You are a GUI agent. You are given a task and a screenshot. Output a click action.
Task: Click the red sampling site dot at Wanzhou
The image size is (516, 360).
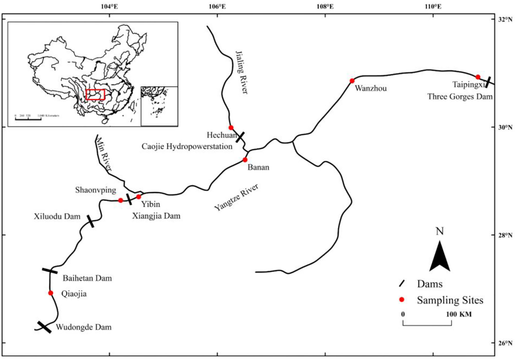352,81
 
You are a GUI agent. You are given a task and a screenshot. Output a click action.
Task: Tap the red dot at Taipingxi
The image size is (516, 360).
478,77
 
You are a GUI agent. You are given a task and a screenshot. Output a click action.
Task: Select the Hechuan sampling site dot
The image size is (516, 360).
231,128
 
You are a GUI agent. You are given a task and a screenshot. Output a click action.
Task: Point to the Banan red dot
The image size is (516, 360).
245,160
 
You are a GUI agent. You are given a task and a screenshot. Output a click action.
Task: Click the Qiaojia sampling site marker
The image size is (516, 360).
51,293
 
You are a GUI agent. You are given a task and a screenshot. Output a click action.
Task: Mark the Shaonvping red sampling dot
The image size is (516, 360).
121,200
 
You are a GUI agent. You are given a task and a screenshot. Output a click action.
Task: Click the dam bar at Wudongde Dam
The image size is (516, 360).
44,327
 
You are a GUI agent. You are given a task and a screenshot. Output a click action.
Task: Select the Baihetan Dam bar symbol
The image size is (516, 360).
50,271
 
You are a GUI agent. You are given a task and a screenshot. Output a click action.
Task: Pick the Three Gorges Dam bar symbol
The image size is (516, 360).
488,82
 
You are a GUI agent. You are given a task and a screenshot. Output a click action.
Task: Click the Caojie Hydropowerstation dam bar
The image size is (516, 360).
240,137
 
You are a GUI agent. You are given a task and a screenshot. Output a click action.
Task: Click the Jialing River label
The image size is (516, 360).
242,72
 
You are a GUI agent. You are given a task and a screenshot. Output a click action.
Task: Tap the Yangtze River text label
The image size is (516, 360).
236,197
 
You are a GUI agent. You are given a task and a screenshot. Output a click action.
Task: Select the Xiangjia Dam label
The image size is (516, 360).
156,216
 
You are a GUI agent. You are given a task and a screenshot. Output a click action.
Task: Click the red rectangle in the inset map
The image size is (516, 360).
95,95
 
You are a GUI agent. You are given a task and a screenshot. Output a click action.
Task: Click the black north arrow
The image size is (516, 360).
440,256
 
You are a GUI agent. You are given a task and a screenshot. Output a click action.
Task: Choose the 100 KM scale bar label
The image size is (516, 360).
459,314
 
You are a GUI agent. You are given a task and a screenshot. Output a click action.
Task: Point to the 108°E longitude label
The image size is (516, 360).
325,6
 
